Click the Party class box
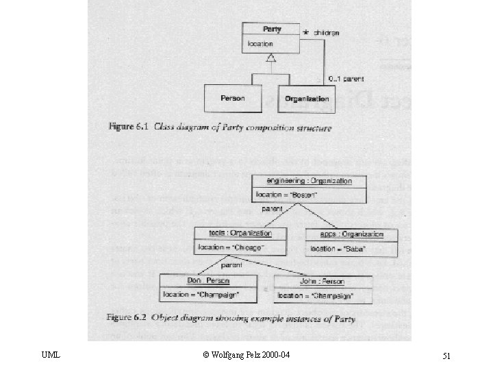[270, 38]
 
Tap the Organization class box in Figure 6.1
[307, 99]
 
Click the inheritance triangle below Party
[271, 60]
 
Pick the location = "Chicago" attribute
[231, 247]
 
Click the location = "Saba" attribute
[339, 249]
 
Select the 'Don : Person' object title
[208, 281]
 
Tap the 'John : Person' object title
[323, 282]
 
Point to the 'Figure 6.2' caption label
[127, 318]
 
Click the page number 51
[446, 355]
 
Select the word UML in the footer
[51, 355]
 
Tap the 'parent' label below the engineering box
[272, 209]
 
